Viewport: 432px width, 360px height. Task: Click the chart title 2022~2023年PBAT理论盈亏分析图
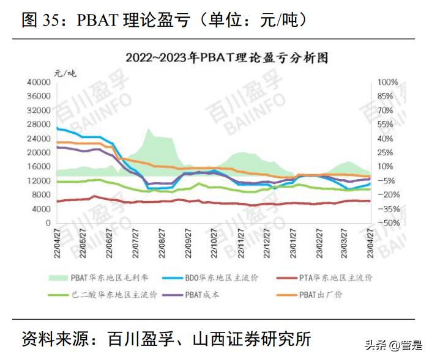227,59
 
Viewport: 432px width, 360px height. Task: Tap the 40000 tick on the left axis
38,82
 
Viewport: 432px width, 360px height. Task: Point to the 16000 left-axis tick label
38,167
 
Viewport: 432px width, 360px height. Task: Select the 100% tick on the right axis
388,82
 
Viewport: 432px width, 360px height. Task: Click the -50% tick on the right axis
388,224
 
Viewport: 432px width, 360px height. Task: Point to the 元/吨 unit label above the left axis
65,72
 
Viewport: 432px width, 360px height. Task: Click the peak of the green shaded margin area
149,129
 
